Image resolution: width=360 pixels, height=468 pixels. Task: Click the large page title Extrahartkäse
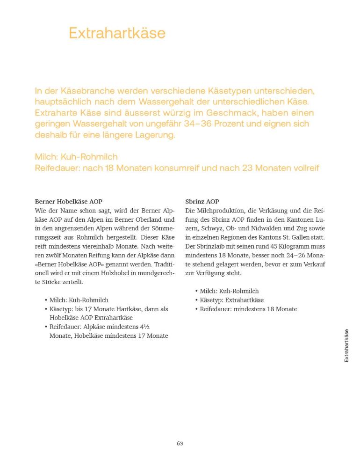tap(117, 33)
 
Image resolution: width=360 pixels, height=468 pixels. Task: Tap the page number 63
tap(180, 443)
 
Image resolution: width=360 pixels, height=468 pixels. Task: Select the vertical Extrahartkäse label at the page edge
tap(346, 345)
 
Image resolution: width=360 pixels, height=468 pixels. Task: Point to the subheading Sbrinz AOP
tap(202, 202)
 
